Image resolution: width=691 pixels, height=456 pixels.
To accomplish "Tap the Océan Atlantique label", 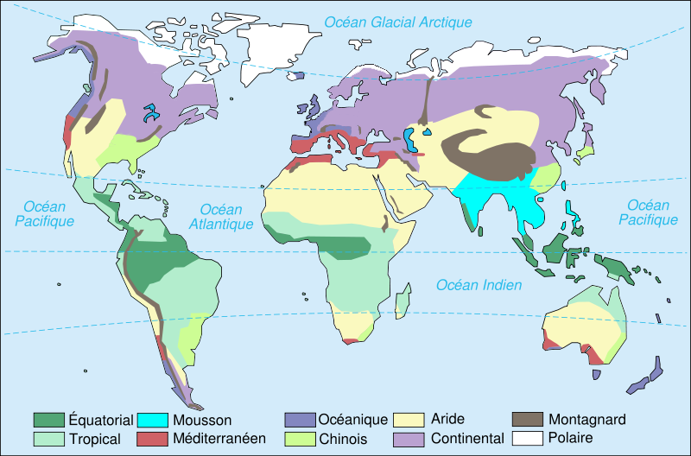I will click(226, 216).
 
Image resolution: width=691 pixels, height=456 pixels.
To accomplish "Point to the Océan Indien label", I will click(479, 285).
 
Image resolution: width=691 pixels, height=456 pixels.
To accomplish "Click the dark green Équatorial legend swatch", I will click(49, 420).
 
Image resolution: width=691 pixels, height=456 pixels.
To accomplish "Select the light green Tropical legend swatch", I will click(49, 439).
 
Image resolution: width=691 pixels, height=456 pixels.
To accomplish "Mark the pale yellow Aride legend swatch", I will click(408, 420).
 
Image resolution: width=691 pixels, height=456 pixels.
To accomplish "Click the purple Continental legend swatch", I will click(408, 439).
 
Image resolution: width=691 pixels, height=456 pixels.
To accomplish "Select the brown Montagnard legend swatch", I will click(528, 420).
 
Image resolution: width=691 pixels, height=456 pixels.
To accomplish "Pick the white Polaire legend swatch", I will click(528, 439).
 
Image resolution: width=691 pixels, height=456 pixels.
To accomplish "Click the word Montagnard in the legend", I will click(586, 421).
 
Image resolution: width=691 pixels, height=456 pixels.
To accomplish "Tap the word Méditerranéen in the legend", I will click(219, 439).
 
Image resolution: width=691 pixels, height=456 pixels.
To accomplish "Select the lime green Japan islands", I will click(585, 151).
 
